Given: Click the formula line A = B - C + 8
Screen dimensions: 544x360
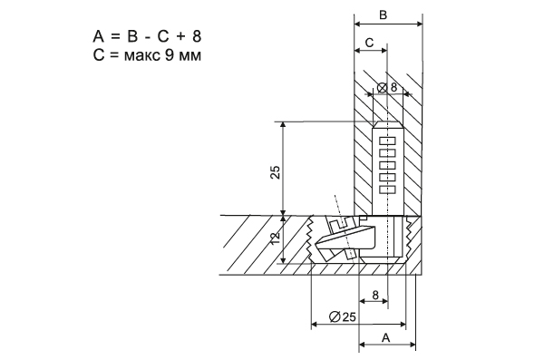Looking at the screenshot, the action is click(x=147, y=36).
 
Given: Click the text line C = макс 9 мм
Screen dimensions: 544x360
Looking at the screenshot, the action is click(x=147, y=54).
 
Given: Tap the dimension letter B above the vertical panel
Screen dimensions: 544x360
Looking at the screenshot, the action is click(x=383, y=15).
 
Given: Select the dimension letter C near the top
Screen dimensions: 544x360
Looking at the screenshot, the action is click(x=370, y=43).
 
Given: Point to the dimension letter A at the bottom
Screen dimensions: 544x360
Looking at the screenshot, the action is click(x=386, y=337).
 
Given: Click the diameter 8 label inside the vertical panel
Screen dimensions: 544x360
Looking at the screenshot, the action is click(x=387, y=87).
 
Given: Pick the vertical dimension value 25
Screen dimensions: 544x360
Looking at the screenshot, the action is click(x=275, y=172).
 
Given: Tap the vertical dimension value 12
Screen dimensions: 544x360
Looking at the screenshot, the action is click(x=275, y=238).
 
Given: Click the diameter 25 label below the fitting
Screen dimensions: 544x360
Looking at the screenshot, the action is click(x=342, y=316).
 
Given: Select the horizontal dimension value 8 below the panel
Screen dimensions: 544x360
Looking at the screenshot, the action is click(x=375, y=295).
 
